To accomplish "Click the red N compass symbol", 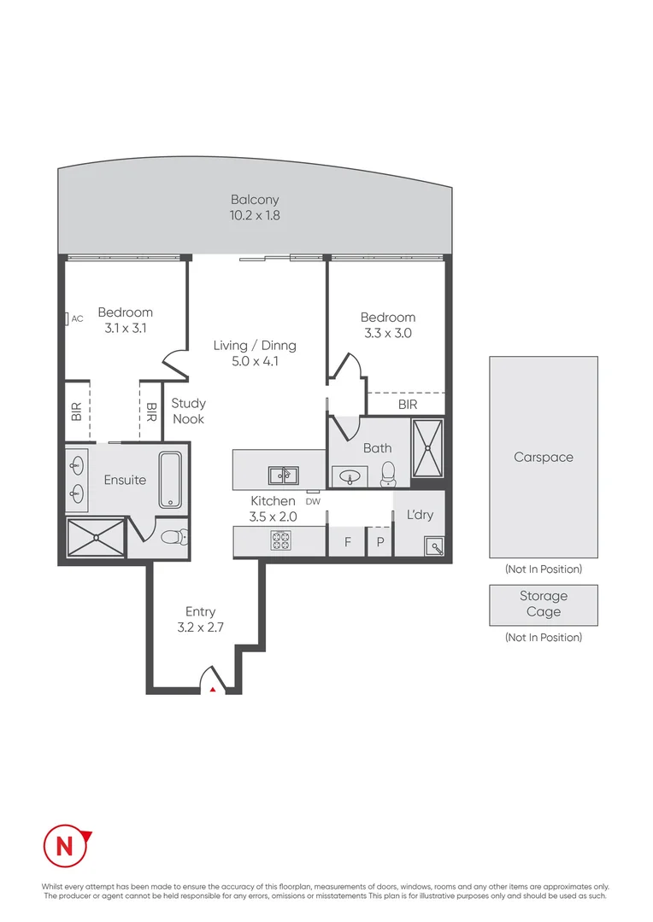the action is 66,845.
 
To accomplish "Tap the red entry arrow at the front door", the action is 213,689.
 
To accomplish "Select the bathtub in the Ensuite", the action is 170,479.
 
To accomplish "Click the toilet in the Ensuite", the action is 174,536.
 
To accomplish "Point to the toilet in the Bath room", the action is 389,474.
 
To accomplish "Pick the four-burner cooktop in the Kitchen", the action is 281,540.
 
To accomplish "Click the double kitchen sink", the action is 283,476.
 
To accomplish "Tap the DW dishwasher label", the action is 313,502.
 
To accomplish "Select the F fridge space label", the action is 347,541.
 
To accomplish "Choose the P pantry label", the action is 380,542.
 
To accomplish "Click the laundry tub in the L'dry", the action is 434,546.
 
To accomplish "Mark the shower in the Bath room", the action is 427,448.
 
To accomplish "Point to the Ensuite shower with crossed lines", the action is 96,537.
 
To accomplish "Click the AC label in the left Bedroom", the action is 77,318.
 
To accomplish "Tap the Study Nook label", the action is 188,411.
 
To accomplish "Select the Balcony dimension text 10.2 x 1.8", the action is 255,215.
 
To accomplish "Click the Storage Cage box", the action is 544,605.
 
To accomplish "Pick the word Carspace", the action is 544,457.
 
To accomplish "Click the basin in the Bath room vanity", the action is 350,477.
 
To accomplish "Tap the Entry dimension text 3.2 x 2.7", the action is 200,627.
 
